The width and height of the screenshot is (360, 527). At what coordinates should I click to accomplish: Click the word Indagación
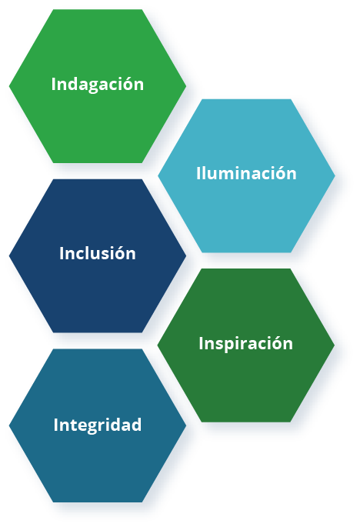pos(98,84)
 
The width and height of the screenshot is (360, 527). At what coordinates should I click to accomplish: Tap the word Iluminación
pos(246,173)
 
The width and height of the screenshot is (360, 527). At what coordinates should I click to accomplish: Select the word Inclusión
pos(98,253)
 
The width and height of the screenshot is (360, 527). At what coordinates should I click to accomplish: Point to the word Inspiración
pos(245,343)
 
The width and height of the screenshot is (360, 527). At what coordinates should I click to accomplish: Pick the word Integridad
pos(98,425)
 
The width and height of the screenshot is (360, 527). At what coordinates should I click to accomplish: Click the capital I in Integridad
pos(56,425)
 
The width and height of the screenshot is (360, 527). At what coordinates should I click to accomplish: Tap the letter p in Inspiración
pos(226,346)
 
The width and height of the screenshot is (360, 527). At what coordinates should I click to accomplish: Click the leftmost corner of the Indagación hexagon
pos(9,86)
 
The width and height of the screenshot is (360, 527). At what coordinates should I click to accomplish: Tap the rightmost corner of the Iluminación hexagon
pos(335,175)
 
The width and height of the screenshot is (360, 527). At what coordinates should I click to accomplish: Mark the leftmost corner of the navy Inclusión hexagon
pos(9,255)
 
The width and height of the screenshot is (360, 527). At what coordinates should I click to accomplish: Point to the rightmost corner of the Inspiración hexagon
pos(335,345)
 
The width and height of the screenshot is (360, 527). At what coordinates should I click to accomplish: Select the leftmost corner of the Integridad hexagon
pos(9,425)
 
